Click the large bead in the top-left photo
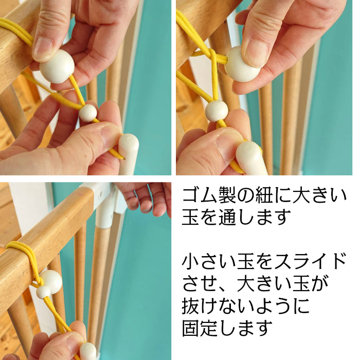[x=57, y=66]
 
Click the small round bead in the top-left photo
[x=88, y=113]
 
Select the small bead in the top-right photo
[x=217, y=111]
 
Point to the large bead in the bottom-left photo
[x=51, y=281]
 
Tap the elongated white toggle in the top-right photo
[x=251, y=158]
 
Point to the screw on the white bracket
[x=101, y=194]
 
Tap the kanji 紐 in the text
[x=264, y=195]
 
